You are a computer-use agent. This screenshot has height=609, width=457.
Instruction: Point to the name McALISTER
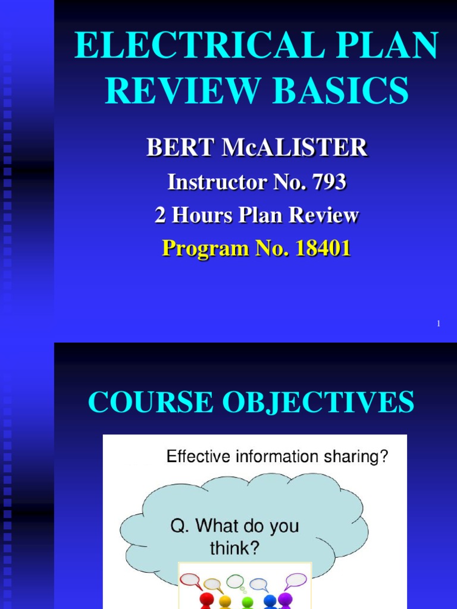click(294, 148)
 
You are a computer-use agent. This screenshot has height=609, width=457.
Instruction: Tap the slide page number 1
click(439, 324)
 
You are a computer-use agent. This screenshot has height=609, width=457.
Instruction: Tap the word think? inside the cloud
click(234, 548)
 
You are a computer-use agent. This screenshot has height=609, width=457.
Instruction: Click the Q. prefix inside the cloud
click(180, 526)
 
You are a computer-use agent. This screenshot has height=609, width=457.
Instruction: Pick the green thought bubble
click(235, 580)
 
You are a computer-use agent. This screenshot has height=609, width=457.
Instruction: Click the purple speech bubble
click(296, 580)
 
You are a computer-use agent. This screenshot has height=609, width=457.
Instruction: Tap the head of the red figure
click(206, 598)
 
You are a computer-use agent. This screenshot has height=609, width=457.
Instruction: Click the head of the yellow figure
click(225, 601)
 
